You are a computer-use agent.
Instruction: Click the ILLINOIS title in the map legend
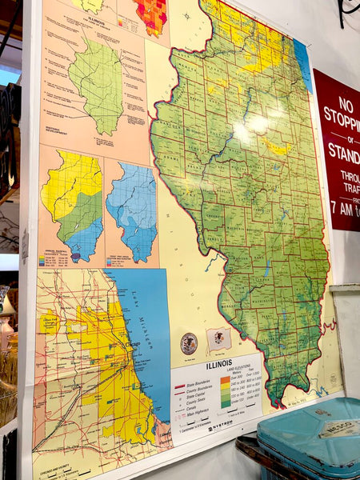click(219, 364)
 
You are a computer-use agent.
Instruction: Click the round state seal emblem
click(189, 344)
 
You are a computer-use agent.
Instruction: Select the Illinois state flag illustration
click(218, 339)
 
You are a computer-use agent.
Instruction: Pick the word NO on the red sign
click(344, 105)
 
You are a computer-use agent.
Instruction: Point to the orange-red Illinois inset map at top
click(150, 15)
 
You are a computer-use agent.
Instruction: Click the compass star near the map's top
click(186, 15)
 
